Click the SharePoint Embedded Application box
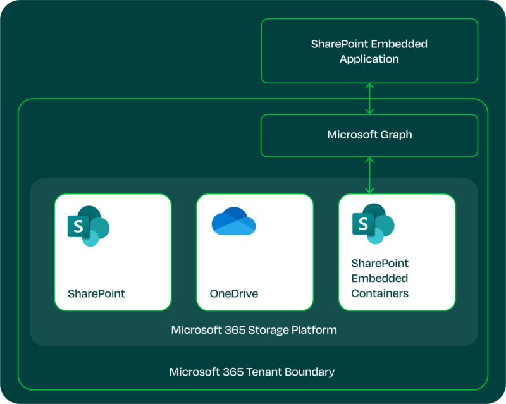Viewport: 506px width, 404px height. pos(369,51)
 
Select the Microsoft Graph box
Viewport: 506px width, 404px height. pos(369,135)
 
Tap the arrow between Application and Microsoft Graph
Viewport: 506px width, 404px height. pos(370,99)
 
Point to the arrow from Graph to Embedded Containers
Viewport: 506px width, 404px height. pos(370,175)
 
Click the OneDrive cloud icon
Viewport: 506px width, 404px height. pos(233,221)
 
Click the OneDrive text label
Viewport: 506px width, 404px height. pos(234,294)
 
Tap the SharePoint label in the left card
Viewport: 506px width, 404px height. pos(96,294)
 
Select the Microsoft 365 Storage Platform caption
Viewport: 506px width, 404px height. pos(254,330)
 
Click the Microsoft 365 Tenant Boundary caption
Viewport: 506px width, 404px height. pos(252,372)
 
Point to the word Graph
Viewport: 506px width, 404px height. pos(396,135)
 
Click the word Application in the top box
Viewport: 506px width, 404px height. pos(369,59)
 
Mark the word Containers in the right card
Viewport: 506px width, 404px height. pos(379,293)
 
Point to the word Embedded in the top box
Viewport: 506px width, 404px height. pos(400,44)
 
